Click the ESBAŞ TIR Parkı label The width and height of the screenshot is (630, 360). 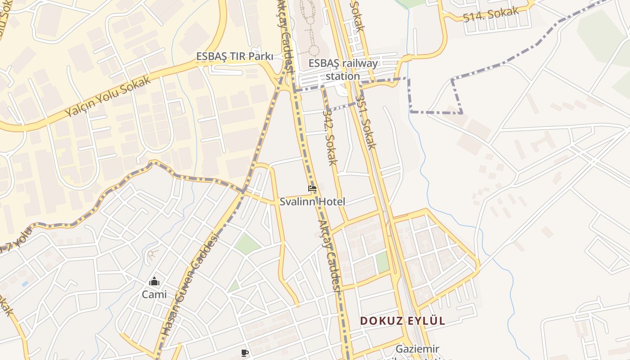[234, 57]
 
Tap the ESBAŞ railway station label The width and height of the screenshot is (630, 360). [343, 69]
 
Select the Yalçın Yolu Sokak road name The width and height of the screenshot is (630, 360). [108, 97]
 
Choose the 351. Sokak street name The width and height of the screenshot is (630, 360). [365, 121]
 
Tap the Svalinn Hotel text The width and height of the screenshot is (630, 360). [312, 202]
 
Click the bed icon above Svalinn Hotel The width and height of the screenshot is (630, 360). [312, 189]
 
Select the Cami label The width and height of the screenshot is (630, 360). [154, 294]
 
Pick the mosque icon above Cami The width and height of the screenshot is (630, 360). [154, 282]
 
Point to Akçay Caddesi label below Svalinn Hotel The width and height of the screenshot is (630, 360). [330, 256]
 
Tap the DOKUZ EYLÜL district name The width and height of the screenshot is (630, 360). [402, 320]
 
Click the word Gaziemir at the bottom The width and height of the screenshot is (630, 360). [417, 349]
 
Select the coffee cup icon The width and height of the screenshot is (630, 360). [244, 353]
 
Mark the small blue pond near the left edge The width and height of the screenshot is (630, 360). [25, 284]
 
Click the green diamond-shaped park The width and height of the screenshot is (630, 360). [247, 243]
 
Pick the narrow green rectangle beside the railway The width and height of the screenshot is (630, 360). [382, 262]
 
